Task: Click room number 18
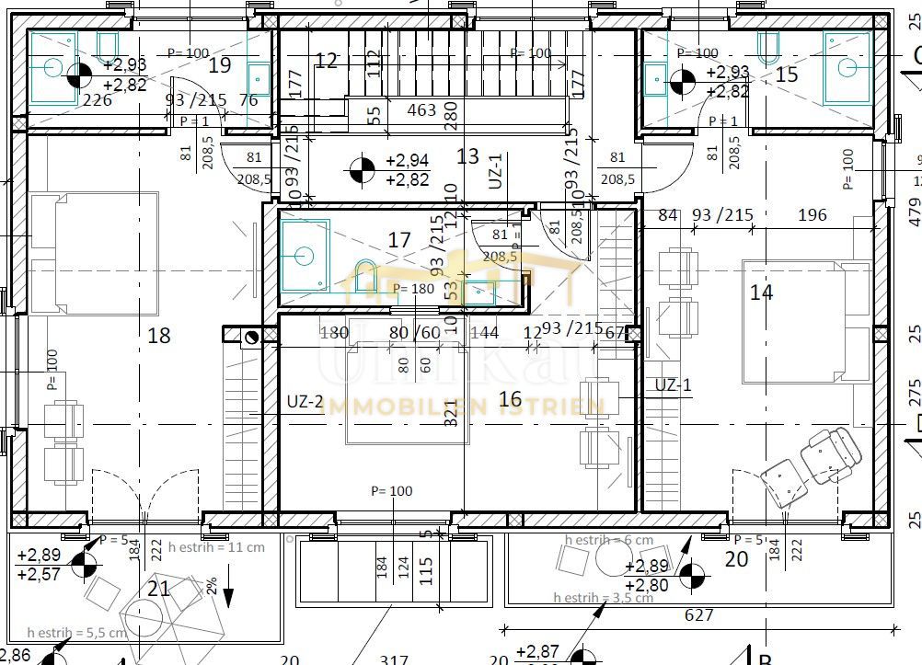159,336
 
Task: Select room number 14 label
761,292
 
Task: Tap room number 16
509,398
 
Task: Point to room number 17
399,240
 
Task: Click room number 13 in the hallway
467,156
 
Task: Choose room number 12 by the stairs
326,62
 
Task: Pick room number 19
219,64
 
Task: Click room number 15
787,75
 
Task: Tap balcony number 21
159,588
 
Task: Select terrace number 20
736,558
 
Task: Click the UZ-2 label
305,402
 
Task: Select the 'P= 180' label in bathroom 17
412,289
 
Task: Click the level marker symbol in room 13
363,169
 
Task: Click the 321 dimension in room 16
450,416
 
